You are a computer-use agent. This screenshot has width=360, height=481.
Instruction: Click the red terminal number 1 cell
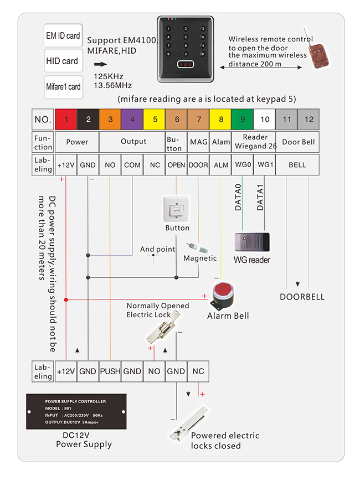(66, 119)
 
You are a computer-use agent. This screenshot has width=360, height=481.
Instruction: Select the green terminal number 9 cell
(243, 119)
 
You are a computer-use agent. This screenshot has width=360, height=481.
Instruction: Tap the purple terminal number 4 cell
(132, 119)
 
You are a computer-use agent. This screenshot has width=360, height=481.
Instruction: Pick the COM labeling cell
(132, 165)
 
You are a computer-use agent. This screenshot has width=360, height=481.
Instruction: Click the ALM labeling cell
(221, 165)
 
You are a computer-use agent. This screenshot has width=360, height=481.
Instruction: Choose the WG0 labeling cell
(243, 165)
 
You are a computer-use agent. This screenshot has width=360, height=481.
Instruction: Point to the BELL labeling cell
(297, 165)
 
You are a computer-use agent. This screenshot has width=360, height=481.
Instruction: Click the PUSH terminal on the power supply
(110, 371)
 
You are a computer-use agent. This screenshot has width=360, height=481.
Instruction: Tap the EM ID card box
(63, 35)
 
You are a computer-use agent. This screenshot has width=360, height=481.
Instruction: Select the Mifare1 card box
(63, 87)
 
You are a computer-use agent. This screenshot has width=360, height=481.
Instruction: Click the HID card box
(63, 61)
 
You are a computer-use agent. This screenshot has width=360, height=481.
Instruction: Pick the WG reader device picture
(252, 242)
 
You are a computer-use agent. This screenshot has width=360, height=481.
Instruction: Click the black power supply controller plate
(76, 411)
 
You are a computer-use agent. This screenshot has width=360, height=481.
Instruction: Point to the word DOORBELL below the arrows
(302, 297)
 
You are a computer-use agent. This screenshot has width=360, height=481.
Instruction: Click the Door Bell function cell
(297, 142)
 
